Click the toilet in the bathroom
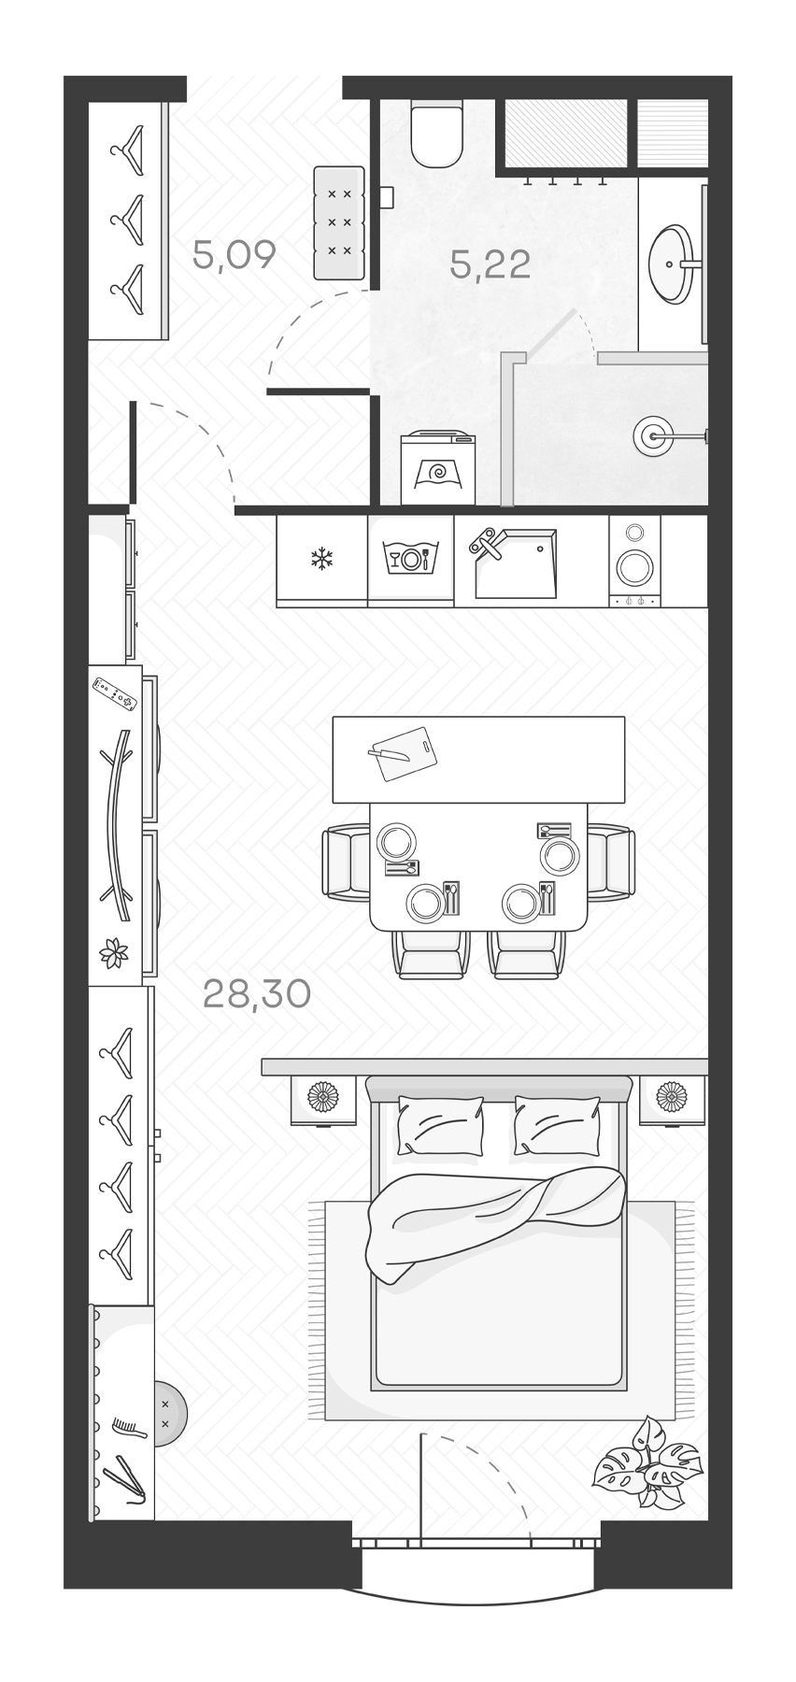tap(436, 136)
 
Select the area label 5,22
tap(490, 264)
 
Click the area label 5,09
tap(234, 253)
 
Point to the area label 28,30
tap(256, 994)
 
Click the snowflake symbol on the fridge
tap(322, 560)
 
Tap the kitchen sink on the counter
tap(515, 563)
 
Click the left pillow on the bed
tap(440, 1125)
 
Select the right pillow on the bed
tap(557, 1125)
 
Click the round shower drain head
tap(651, 435)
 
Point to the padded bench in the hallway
tap(338, 221)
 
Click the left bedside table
tap(323, 1099)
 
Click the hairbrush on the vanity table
tap(123, 1429)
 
